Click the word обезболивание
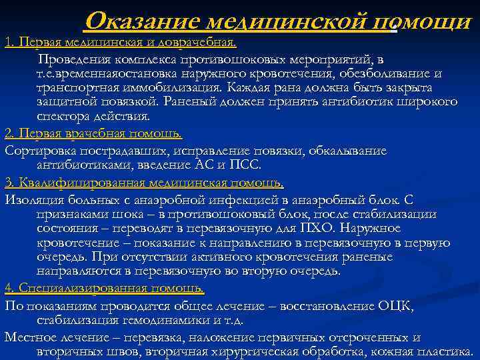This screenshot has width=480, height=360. point(380,73)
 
